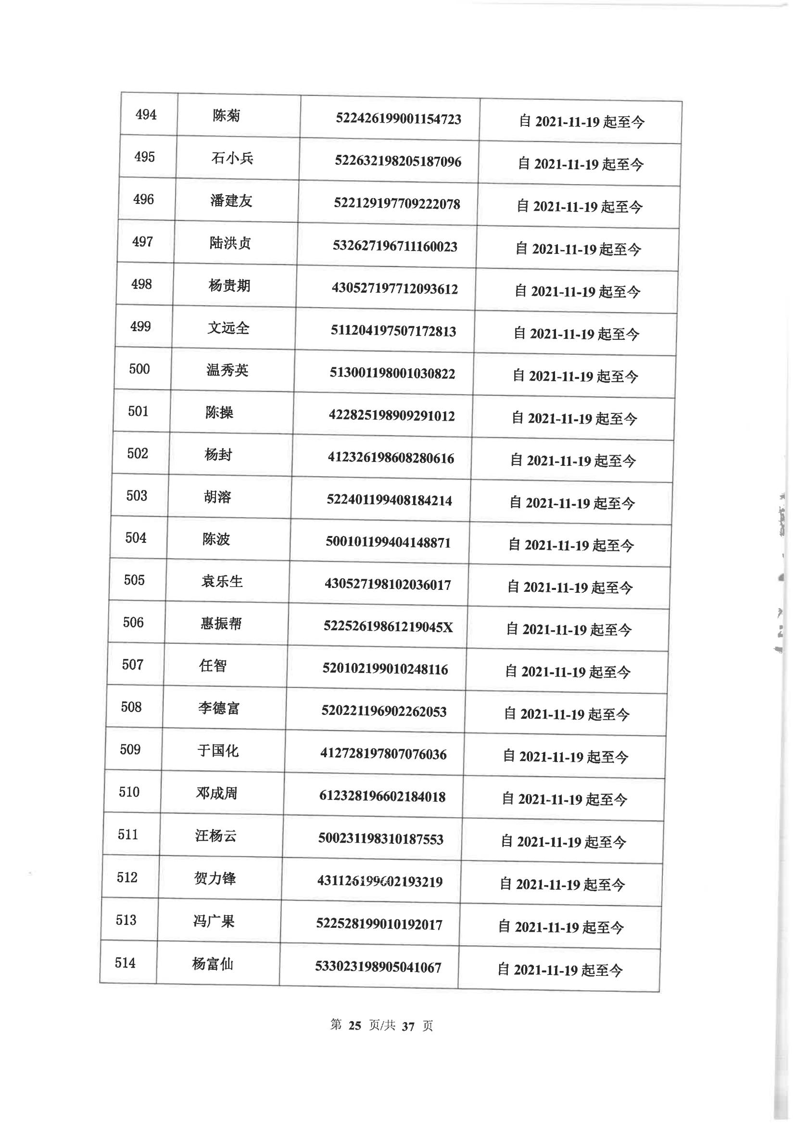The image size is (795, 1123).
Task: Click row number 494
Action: click(146, 115)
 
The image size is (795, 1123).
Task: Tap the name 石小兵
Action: click(232, 158)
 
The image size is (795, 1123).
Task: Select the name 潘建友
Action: click(231, 200)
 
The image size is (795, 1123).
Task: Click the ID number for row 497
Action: click(394, 246)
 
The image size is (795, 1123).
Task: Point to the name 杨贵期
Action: click(229, 285)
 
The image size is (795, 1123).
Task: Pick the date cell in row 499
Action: click(576, 334)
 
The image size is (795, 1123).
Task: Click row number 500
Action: click(139, 369)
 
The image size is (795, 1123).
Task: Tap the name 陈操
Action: click(219, 412)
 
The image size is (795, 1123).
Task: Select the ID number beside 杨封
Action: click(391, 459)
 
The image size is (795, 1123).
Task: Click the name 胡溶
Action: click(217, 497)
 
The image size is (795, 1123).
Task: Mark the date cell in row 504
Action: click(571, 545)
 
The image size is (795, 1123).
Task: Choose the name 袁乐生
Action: click(222, 581)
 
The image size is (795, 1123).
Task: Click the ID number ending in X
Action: click(388, 627)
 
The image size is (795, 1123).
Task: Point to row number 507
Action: click(133, 664)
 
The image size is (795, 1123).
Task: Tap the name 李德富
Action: click(218, 708)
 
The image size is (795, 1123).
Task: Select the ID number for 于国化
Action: click(383, 754)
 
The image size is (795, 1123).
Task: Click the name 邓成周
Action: click(216, 793)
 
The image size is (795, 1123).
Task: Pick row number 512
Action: click(127, 877)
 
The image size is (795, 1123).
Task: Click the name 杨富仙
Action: click(213, 964)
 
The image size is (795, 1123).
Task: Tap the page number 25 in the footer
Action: click(354, 1025)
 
